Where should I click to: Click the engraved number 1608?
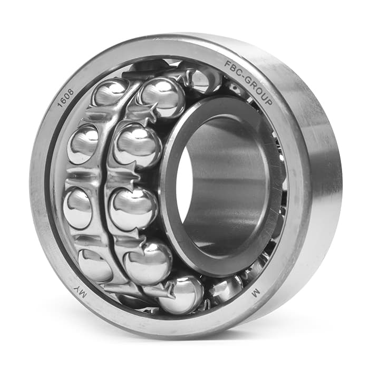(66, 98)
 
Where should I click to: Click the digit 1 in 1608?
(60, 105)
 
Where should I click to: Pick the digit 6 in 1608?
(64, 100)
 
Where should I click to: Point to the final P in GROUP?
(269, 101)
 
